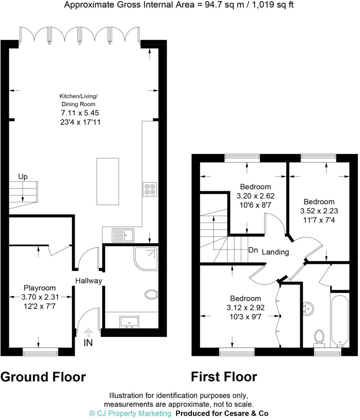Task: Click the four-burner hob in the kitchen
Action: pos(150,189)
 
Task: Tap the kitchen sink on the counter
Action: pos(123,235)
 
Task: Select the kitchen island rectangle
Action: pos(107,181)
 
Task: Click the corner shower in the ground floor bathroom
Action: pos(146,258)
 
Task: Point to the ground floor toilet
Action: pos(151,294)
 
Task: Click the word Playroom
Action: pos(40,288)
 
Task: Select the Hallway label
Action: pos(89,281)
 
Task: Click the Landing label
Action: pos(275,252)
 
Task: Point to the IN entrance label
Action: pos(88,343)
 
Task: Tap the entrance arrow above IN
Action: pos(88,333)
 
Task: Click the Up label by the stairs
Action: pos(23,177)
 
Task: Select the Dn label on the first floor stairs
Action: pos(253,250)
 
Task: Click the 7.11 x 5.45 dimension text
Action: pos(80,113)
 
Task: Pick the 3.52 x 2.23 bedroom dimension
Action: pos(319,211)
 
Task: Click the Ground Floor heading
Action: pos(43,377)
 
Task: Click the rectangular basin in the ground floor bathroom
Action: pos(129,322)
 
